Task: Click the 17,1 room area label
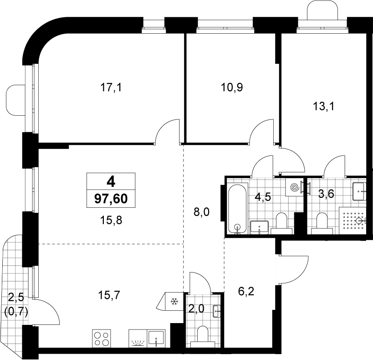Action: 111,87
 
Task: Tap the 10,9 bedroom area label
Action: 232,87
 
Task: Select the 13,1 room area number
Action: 323,106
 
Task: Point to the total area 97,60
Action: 111,199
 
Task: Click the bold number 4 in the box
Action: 111,182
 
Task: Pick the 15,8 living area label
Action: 111,220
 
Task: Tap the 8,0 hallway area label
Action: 201,212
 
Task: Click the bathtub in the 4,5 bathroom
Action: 237,209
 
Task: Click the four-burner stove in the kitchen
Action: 102,339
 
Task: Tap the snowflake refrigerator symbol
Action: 174,302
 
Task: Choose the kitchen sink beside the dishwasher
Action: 156,338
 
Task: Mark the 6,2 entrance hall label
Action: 246,291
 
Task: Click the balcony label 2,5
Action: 16,298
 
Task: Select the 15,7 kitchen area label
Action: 109,295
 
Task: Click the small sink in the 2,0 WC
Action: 217,311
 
